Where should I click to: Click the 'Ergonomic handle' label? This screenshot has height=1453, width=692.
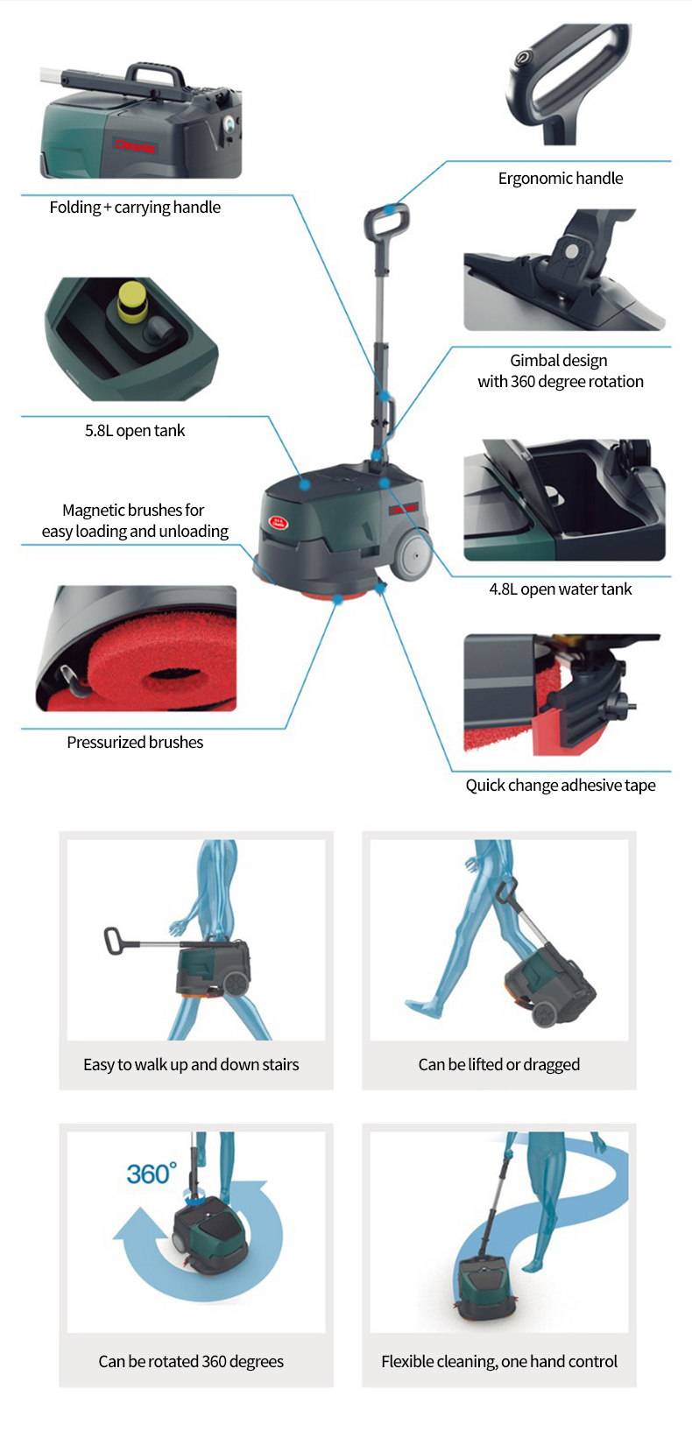pyautogui.click(x=561, y=179)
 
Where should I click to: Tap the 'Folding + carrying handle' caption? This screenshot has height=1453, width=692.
pyautogui.click(x=135, y=207)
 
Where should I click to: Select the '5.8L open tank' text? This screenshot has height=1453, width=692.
pyautogui.click(x=135, y=431)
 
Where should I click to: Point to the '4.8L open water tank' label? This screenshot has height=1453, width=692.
pyautogui.click(x=561, y=589)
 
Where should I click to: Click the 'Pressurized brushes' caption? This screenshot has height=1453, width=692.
pyautogui.click(x=135, y=742)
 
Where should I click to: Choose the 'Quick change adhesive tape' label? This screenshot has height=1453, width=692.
pyautogui.click(x=561, y=786)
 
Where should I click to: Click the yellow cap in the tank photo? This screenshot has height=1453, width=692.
pyautogui.click(x=132, y=301)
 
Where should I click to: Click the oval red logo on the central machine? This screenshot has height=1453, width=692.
pyautogui.click(x=279, y=522)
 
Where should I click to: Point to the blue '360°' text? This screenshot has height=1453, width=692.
pyautogui.click(x=152, y=1174)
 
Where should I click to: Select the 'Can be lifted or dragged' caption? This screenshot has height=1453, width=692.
pyautogui.click(x=498, y=1064)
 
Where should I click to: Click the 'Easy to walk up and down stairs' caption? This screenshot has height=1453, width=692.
pyautogui.click(x=191, y=1064)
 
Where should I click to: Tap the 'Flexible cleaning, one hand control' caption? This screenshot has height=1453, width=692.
pyautogui.click(x=498, y=1362)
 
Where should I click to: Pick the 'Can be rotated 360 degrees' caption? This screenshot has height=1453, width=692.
pyautogui.click(x=191, y=1362)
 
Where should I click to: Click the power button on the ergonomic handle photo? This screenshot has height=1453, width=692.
pyautogui.click(x=520, y=59)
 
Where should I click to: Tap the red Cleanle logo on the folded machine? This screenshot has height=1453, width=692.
pyautogui.click(x=136, y=146)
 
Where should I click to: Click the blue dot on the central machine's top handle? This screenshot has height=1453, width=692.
pyautogui.click(x=389, y=209)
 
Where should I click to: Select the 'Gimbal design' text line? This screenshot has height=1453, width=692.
pyautogui.click(x=558, y=361)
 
